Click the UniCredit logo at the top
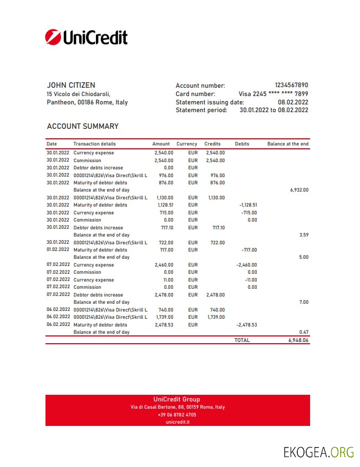click(86, 37)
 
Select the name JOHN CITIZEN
click(70, 85)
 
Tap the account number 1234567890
click(291, 86)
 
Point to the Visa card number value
click(273, 94)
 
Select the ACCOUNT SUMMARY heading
click(83, 126)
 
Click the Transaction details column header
click(94, 144)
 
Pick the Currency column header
click(187, 144)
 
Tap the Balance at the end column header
click(287, 144)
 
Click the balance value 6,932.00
click(298, 190)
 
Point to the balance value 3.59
click(303, 235)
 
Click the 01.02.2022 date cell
click(58, 250)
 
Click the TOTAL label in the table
click(242, 340)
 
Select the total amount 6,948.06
click(298, 340)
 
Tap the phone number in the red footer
click(177, 415)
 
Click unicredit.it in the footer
click(178, 422)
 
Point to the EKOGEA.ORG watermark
click(318, 451)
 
